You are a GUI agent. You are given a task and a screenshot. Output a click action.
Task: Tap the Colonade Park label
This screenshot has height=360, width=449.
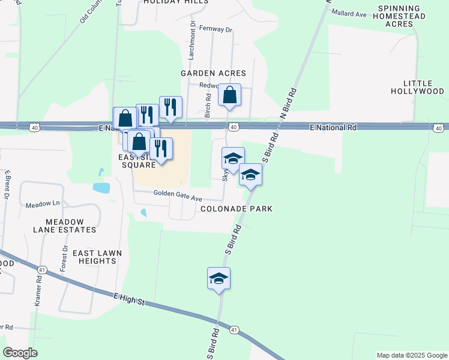[x=237, y=209]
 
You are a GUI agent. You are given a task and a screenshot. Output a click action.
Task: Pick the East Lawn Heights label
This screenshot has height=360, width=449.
[x=94, y=257]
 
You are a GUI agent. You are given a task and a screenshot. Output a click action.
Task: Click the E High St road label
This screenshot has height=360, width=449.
[x=129, y=298]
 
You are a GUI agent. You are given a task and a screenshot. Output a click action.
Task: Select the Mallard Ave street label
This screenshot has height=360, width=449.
[x=349, y=13]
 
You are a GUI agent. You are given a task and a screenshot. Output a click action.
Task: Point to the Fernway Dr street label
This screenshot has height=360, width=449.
[x=215, y=29]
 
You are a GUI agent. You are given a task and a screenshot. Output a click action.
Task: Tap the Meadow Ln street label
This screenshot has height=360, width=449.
[x=43, y=205]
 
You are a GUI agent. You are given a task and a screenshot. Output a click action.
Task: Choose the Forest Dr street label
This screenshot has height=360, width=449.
[x=64, y=259]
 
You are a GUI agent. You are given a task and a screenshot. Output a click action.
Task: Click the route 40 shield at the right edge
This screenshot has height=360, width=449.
[x=439, y=128]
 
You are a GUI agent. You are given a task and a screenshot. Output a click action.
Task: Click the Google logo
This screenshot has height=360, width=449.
[x=20, y=353]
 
